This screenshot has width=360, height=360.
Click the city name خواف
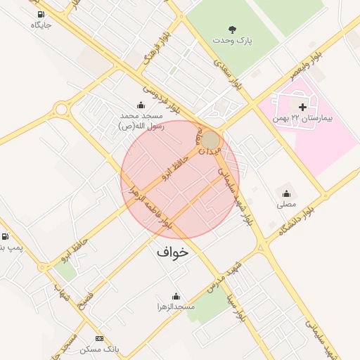(x=173, y=250)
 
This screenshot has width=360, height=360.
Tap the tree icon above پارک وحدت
(x=233, y=30)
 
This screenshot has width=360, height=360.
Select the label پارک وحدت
(x=233, y=41)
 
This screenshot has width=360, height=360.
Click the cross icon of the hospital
(x=302, y=107)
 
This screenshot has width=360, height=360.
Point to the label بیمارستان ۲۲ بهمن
(x=303, y=118)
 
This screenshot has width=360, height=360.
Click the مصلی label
(x=286, y=205)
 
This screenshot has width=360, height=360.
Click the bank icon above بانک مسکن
(x=98, y=338)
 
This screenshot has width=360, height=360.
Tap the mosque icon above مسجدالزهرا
(x=176, y=296)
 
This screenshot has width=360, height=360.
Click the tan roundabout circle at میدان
(x=211, y=139)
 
